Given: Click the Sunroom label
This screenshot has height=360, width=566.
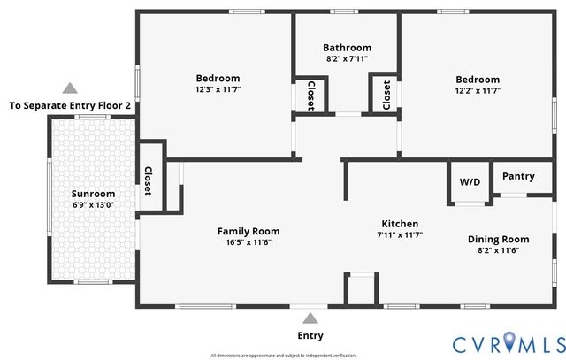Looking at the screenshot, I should click(93, 194).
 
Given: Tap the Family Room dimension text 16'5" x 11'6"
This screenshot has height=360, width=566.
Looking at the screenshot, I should click(242, 242).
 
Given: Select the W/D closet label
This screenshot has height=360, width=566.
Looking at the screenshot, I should click(469, 182).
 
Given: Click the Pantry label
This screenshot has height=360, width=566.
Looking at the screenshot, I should click(518, 176).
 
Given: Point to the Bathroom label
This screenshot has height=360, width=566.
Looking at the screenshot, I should click(347, 48).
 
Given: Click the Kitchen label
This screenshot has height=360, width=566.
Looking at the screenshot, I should click(400, 224).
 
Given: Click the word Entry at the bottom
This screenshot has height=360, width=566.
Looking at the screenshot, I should click(310, 336).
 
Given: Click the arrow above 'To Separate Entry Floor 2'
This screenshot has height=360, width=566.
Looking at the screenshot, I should click(69, 88).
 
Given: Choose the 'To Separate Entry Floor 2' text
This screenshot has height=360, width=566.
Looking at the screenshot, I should click(70, 105).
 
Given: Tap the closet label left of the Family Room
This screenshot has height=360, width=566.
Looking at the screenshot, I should click(149, 181).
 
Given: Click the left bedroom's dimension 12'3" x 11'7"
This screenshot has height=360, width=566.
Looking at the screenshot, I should click(218, 90).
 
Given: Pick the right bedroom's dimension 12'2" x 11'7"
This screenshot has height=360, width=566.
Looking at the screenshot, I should click(478, 90).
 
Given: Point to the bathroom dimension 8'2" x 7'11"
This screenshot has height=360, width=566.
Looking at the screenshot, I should click(347, 59).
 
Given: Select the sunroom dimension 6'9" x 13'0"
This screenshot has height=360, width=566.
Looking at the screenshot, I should click(93, 205).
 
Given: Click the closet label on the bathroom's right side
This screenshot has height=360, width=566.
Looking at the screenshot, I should click(386, 95).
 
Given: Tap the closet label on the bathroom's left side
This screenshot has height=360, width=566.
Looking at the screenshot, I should click(310, 96).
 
